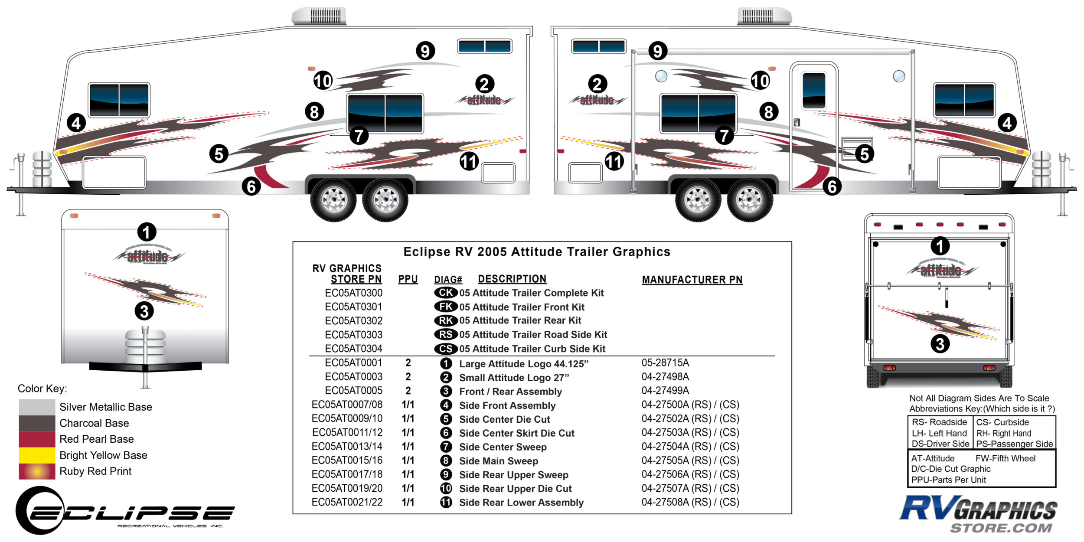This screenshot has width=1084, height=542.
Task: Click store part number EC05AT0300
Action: pos(353,293)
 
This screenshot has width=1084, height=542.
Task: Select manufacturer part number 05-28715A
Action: pos(665,363)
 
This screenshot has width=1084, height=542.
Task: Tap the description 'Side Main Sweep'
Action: pos(499,461)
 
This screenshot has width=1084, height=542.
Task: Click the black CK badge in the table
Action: pos(446,293)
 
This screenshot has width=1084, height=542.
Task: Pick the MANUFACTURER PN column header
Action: pos(692,280)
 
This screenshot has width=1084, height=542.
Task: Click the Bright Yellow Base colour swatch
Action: pos(37,455)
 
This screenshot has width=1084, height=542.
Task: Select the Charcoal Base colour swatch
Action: pos(37,423)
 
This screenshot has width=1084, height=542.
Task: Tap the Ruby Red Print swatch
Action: pos(37,471)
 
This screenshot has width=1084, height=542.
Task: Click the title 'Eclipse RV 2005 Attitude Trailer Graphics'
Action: pos(537,252)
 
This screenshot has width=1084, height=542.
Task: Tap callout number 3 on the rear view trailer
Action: pos(940,344)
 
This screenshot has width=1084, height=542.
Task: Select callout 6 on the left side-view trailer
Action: pos(251,186)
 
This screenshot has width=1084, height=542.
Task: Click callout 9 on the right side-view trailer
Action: pos(657,51)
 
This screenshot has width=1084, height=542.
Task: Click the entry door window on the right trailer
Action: pos(813,91)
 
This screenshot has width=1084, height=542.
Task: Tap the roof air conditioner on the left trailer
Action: pos(319,16)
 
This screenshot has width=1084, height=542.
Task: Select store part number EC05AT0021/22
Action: pos(347,502)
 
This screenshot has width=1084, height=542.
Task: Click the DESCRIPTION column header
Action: pos(512,279)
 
